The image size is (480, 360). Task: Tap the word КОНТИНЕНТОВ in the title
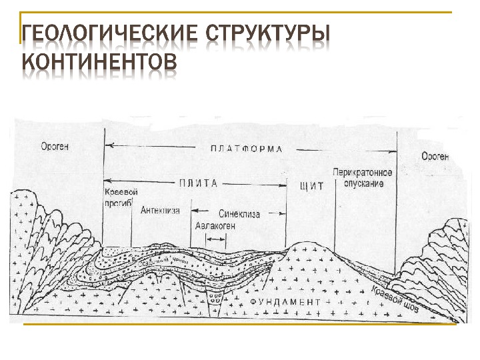[x=100, y=61]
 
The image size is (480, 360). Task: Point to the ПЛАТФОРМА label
[x=246, y=148]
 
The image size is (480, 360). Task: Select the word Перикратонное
[x=363, y=172]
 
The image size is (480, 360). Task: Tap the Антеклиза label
[x=160, y=211]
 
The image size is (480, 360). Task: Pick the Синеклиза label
[x=239, y=214]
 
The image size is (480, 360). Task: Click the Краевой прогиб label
[x=119, y=197]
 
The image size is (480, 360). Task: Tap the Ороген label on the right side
[x=435, y=157]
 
